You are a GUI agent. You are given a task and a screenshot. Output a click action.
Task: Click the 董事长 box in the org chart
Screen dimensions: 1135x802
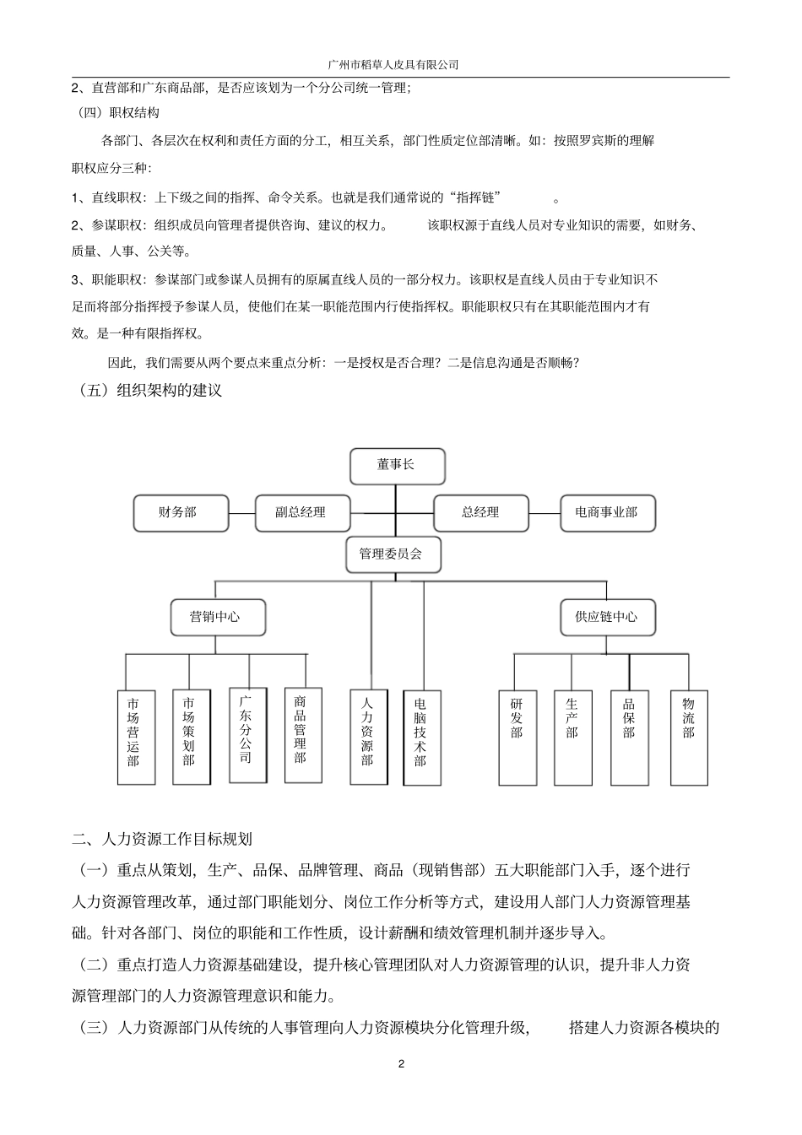point(397,466)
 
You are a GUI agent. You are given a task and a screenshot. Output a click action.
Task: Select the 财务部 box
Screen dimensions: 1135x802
point(181,512)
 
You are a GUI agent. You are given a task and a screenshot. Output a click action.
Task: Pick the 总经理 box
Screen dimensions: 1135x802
point(480,512)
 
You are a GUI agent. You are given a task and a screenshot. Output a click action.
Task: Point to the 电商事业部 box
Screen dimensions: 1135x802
point(607,512)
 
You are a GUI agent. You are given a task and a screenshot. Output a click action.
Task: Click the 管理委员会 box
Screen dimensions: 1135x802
point(392,554)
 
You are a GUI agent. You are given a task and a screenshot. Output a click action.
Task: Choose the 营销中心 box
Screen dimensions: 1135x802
point(217,617)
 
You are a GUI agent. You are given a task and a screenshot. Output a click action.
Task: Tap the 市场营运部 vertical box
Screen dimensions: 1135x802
point(135,737)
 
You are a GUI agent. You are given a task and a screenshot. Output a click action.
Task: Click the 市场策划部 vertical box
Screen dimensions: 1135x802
point(190,737)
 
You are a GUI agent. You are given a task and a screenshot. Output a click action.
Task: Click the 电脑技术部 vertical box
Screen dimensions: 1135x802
point(421,737)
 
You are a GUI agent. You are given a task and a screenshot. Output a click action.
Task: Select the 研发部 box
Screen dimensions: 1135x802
point(517,737)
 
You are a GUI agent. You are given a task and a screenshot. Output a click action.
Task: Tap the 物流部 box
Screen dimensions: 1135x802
point(689,737)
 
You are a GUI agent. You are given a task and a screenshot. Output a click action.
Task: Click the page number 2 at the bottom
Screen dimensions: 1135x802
point(401,1062)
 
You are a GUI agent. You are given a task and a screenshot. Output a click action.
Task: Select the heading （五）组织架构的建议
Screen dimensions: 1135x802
point(149,391)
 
